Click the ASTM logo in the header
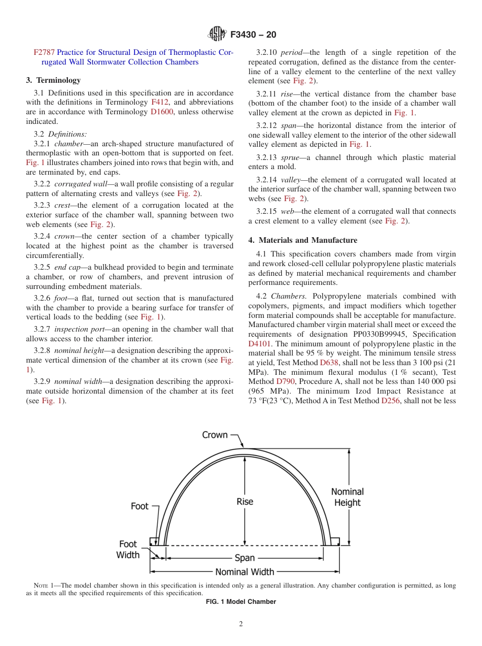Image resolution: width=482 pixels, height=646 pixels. pos(218,35)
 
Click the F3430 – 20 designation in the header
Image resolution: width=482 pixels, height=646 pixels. pos(253,35)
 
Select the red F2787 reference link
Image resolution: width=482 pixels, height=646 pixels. pos(44,52)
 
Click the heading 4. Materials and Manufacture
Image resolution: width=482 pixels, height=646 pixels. pos(302,240)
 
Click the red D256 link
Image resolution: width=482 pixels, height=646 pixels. pos(391,401)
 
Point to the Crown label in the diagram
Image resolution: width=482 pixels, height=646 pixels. pos(215,435)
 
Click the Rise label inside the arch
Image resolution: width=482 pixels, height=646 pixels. pos(245,502)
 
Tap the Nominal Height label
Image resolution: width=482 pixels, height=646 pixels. pos(348,497)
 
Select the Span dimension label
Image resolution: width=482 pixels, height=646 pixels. pos(245,558)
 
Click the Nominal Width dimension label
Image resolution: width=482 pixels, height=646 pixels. pos(245,572)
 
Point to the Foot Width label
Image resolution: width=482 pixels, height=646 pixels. pos(128,550)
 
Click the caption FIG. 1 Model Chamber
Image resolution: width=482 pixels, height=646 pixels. pos(240,602)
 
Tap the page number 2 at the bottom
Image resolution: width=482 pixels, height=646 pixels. pos(241,624)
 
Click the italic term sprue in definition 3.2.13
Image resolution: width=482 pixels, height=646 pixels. pos(290,157)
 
